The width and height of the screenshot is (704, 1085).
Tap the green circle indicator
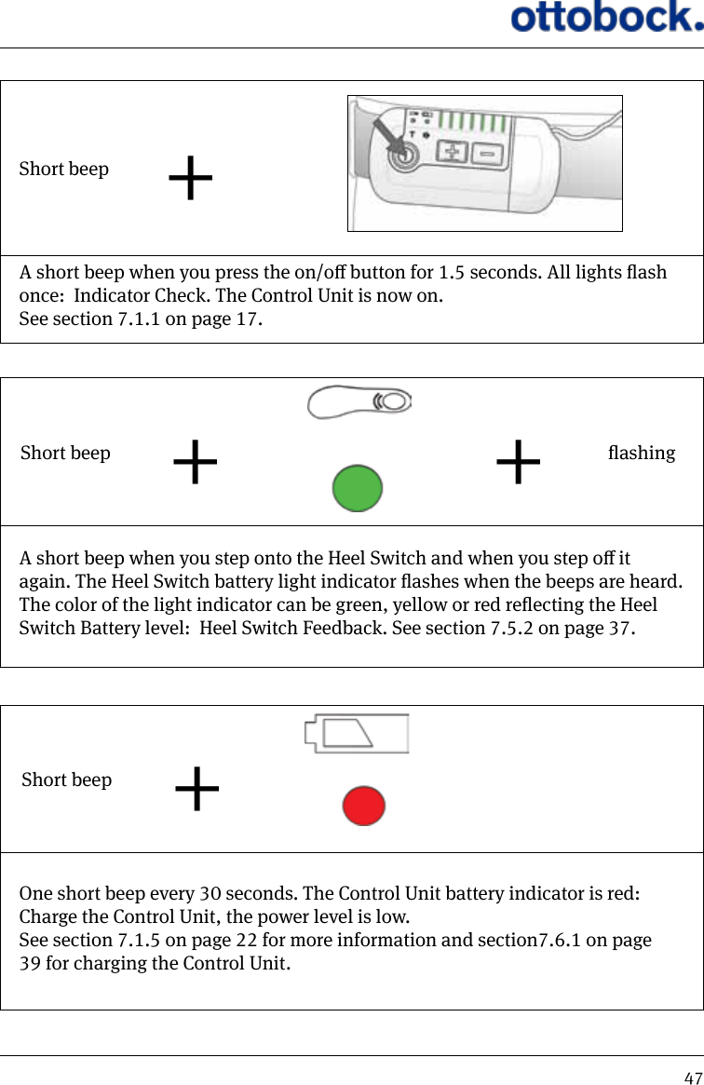click(358, 489)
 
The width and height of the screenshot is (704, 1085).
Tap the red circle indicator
click(363, 806)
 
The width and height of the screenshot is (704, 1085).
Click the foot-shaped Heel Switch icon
click(359, 401)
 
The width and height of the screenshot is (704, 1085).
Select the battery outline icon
click(356, 734)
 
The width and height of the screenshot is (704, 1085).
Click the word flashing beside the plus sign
click(641, 454)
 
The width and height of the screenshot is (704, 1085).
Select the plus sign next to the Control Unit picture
click(191, 179)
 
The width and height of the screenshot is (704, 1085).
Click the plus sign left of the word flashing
click(518, 463)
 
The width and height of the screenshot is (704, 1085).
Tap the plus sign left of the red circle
click(197, 790)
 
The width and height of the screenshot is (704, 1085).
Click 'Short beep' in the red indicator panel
click(66, 780)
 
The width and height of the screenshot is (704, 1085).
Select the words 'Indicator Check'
click(140, 297)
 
